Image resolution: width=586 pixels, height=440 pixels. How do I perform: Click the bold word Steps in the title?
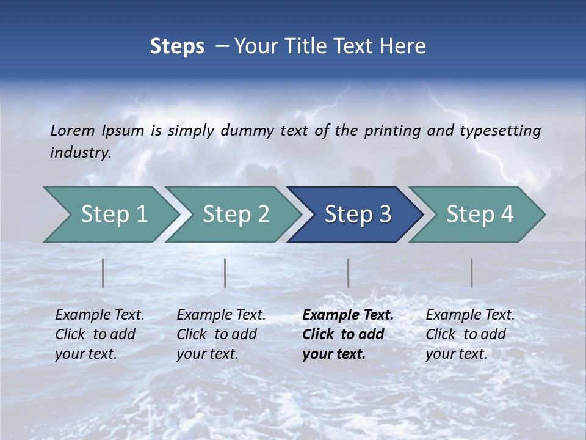pyautogui.click(x=177, y=46)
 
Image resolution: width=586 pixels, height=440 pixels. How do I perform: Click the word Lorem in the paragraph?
pyautogui.click(x=73, y=131)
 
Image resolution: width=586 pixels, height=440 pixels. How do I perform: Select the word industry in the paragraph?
pyautogui.click(x=80, y=153)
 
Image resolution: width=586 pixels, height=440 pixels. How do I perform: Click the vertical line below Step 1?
pyautogui.click(x=103, y=273)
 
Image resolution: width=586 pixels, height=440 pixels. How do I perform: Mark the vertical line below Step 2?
pyautogui.click(x=225, y=273)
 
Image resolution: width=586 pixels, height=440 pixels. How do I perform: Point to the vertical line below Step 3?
pyautogui.click(x=349, y=273)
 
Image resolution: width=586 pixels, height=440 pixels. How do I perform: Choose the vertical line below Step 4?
pyautogui.click(x=472, y=273)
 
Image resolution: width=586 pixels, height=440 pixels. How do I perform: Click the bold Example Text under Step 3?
pyautogui.click(x=348, y=315)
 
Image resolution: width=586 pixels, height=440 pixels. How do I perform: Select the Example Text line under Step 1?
pyautogui.click(x=99, y=315)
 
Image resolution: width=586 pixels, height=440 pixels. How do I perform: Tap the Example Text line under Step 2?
pyautogui.click(x=221, y=315)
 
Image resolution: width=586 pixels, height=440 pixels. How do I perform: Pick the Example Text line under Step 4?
pyautogui.click(x=470, y=315)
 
